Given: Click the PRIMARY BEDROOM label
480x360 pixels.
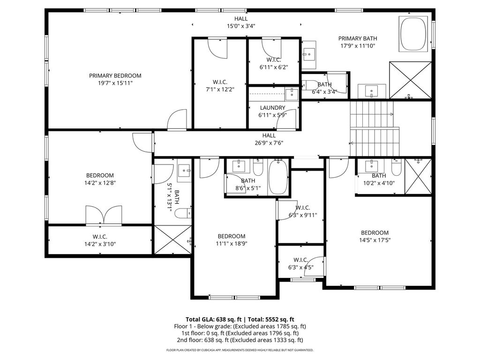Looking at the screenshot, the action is pos(115,75).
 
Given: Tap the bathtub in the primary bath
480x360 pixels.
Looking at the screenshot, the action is pos(413,34).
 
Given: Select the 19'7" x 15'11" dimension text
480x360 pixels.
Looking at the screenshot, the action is pos(115,83).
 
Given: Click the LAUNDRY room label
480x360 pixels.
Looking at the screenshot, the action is pos(272,108).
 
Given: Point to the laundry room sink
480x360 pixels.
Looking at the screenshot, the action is pos(292,94).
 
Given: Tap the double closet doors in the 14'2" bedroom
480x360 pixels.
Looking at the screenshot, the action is pos(104,215).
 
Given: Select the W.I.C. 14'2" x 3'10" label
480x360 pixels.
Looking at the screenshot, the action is pos(100,240).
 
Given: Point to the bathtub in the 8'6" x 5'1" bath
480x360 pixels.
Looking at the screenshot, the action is pos(278,177).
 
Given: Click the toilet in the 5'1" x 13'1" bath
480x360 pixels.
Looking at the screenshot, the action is pos(183,213).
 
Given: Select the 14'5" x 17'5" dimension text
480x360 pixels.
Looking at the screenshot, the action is pos(375,240).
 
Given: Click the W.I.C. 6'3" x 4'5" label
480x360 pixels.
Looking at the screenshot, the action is pos(300,263).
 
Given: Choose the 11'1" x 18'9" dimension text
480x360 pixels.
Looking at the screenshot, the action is pos(232,244).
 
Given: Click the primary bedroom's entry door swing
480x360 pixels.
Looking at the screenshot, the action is pos(177,120).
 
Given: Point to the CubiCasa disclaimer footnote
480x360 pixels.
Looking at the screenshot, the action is pos(240,350).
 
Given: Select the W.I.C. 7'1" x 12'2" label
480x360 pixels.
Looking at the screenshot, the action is pos(220,86).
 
